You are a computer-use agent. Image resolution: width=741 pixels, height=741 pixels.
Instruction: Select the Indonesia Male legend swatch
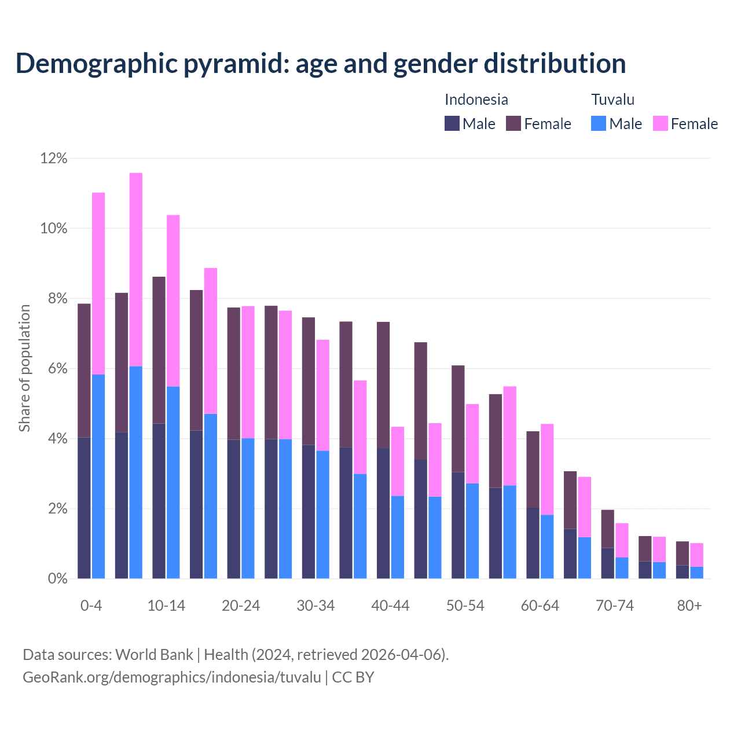452,123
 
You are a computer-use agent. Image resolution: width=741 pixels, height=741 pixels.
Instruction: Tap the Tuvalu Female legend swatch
660,123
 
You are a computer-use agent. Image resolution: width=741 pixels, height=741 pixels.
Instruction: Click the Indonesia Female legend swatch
513,123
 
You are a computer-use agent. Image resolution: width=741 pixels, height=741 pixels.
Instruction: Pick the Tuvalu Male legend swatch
599,123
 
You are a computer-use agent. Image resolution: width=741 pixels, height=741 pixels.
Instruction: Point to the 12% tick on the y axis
54,159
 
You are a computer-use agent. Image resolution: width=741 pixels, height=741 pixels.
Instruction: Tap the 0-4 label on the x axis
91,606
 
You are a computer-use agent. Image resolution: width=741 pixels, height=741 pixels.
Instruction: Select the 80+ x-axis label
689,606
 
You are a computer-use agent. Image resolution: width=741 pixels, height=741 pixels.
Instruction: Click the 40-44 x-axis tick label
390,606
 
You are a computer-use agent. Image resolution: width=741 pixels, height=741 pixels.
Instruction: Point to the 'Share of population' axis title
24,368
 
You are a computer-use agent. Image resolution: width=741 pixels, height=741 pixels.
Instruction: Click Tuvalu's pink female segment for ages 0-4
98,283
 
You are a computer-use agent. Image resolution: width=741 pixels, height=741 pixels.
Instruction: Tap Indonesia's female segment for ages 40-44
383,384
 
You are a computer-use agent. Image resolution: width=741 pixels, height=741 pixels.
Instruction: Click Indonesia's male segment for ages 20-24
234,509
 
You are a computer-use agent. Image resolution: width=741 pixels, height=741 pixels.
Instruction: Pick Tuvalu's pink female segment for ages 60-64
547,469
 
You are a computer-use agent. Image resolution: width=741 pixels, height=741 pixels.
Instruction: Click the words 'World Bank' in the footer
154,655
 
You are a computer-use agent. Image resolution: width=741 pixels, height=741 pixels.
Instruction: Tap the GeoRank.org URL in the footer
171,677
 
